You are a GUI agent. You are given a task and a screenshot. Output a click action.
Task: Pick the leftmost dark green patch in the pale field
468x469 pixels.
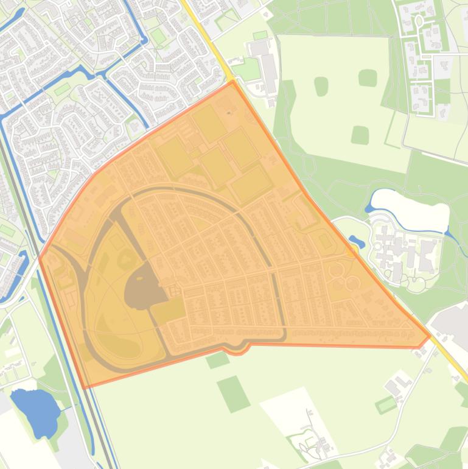click(321, 86)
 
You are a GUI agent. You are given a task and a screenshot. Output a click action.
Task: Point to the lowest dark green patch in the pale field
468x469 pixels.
click(360, 135)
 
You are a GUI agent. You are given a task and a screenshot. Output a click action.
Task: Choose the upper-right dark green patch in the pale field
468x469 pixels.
click(368, 78)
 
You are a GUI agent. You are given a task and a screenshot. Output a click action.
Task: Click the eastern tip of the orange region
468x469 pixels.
click(430, 335)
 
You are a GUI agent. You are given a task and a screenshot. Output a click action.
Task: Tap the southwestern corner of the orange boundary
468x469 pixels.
click(84, 387)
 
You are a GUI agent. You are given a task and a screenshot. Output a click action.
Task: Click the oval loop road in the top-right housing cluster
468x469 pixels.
click(419, 21)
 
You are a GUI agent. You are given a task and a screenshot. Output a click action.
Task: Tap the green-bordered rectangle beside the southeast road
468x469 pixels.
click(386, 404)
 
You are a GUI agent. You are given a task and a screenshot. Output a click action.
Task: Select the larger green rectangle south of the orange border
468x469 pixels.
click(234, 393)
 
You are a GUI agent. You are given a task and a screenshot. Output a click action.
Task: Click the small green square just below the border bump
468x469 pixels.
click(218, 360)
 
